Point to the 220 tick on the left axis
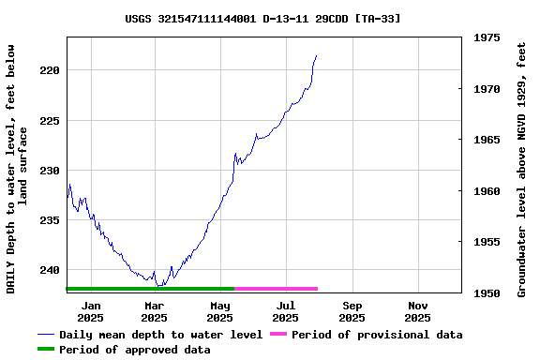point(51,70)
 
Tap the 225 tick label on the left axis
point(51,121)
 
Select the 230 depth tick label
point(51,171)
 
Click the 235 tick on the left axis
point(51,220)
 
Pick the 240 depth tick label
point(51,270)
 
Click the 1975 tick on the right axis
point(487,38)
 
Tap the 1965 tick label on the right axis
point(487,140)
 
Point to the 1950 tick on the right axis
point(487,293)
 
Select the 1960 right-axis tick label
point(487,191)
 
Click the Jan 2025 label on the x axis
point(91,311)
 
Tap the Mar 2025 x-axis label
point(155,311)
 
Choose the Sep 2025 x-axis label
point(352,311)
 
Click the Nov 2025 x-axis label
point(418,311)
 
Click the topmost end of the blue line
point(317,56)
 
